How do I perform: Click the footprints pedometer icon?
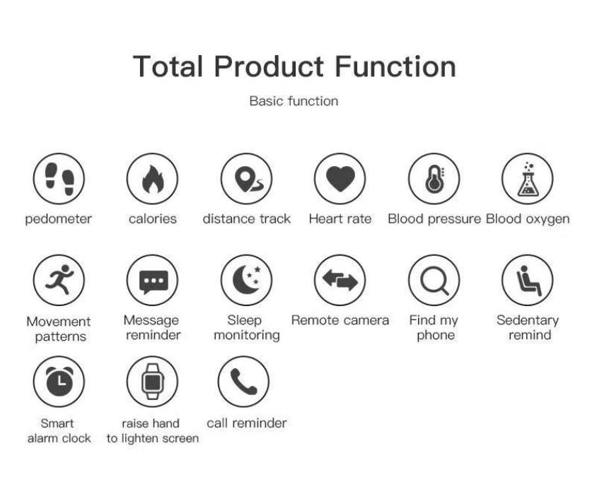tap(59, 179)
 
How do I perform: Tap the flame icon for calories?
tap(152, 179)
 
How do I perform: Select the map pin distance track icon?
tap(246, 179)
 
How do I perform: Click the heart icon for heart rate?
tap(340, 179)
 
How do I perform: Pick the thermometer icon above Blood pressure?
tap(434, 179)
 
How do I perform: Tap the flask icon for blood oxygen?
tap(528, 179)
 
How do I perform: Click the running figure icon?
tap(59, 280)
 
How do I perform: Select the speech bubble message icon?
tap(152, 280)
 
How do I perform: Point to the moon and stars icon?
tap(246, 280)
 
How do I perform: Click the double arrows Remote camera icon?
tap(340, 280)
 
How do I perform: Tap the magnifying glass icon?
tap(434, 280)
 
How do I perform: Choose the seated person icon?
tap(528, 280)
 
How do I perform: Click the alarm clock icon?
tap(59, 382)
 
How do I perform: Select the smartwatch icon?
tap(152, 382)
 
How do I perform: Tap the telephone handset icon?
tap(243, 382)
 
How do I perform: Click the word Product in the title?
tap(269, 66)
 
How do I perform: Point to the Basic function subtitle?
tap(294, 101)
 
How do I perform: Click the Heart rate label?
tap(340, 219)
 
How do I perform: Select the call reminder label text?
tap(247, 423)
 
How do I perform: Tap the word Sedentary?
tap(528, 321)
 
